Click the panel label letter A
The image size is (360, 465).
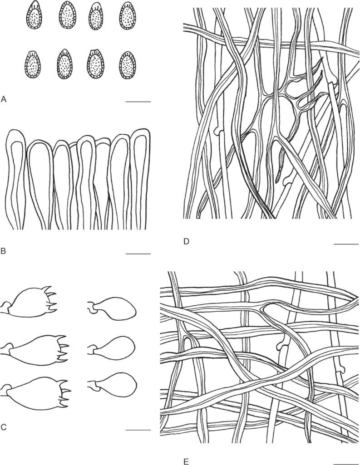tap(4, 99)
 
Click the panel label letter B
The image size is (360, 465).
tap(3, 251)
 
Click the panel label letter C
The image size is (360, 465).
tap(4, 427)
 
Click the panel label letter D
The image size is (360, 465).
tap(186, 242)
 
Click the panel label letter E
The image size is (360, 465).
tap(186, 461)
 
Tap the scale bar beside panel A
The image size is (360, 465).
tap(138, 102)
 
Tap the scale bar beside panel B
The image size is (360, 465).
tap(138, 254)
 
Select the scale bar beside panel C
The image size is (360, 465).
tap(138, 430)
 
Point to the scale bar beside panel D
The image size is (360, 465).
tap(346, 244)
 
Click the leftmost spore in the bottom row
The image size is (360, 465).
tap(33, 64)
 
